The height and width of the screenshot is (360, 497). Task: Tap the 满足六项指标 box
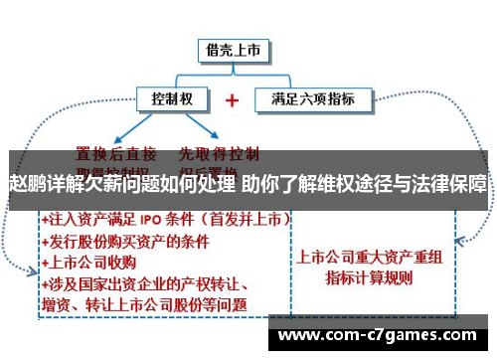(x=312, y=99)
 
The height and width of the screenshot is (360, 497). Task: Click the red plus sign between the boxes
(x=233, y=100)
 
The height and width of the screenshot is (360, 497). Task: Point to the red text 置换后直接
(x=116, y=154)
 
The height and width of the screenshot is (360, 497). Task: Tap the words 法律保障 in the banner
(x=454, y=185)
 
